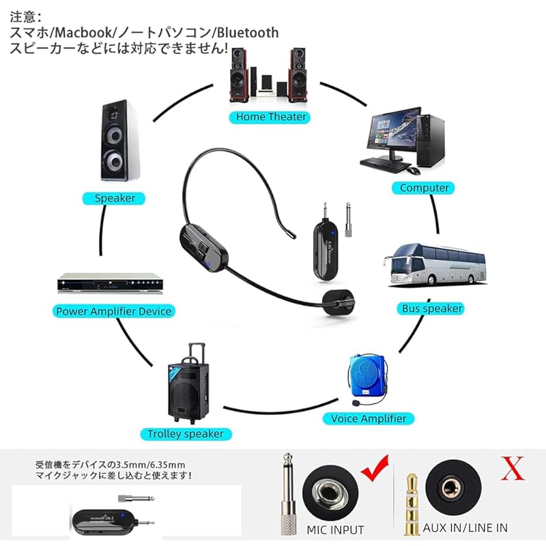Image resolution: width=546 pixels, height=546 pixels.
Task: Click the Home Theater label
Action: click(x=271, y=117)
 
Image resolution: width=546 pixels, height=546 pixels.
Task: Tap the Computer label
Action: click(x=425, y=188)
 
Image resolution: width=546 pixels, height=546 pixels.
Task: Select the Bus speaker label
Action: click(x=431, y=308)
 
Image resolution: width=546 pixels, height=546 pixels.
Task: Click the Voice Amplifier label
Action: click(x=369, y=418)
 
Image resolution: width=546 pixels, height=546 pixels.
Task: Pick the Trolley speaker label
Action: click(x=186, y=433)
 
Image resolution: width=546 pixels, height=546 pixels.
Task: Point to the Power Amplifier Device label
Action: click(x=114, y=311)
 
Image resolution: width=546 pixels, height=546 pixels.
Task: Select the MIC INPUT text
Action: click(x=336, y=530)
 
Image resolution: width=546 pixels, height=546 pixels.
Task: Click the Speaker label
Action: click(x=115, y=199)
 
